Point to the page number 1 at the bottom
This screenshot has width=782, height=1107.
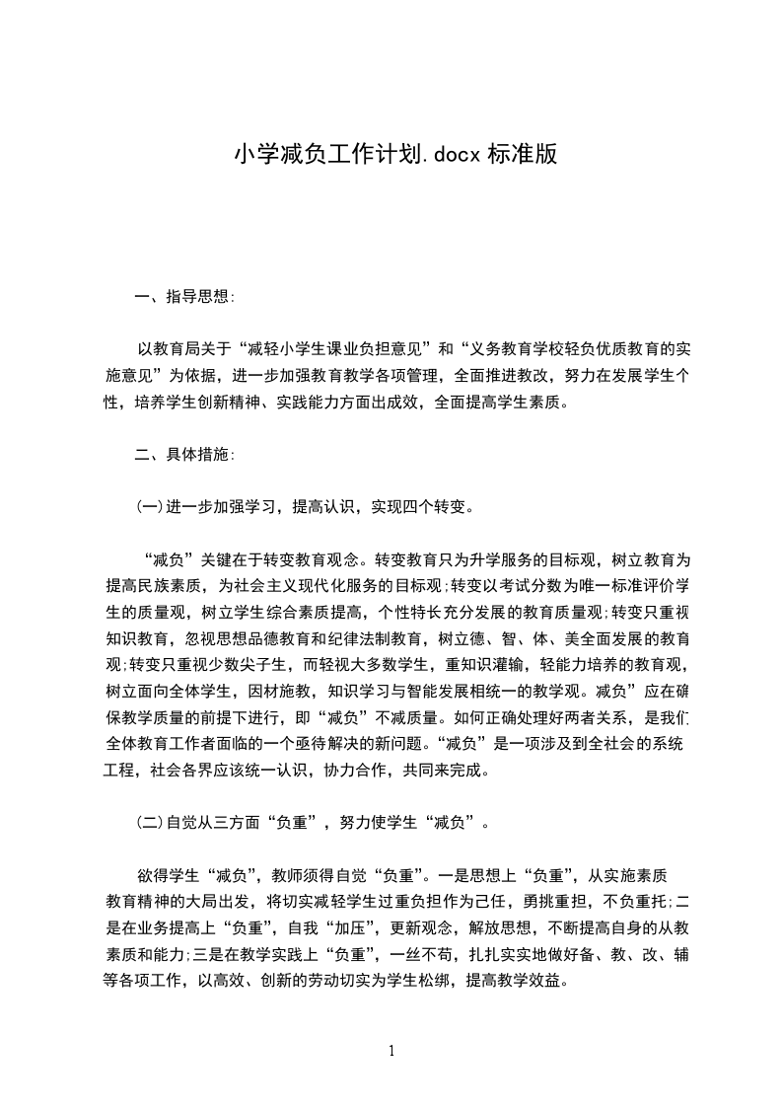point(391,1050)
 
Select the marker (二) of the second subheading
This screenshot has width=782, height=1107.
point(149,822)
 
